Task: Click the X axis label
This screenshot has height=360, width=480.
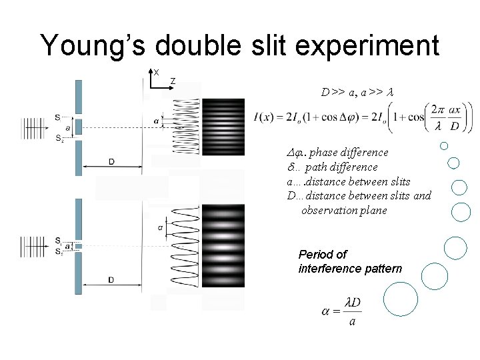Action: coord(156,71)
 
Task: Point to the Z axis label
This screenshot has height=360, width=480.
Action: coord(173,81)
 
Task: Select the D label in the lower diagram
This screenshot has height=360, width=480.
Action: coord(111,280)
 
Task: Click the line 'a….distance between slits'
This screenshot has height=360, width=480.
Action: coord(348,181)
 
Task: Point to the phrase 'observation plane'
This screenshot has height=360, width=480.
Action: coord(344,210)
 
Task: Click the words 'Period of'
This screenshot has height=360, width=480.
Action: coord(323,254)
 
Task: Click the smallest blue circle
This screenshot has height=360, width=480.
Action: coord(444,146)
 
